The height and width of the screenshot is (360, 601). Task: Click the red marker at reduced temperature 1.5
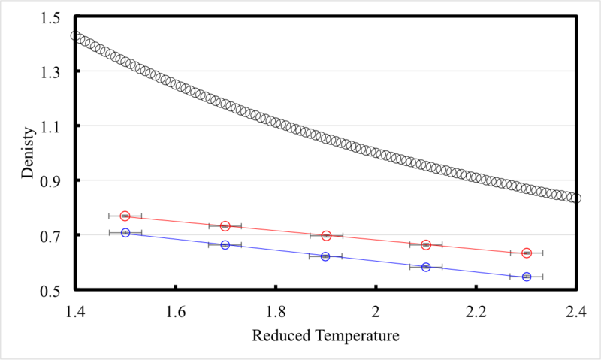click(125, 216)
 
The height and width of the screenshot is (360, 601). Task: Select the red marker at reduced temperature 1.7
click(225, 226)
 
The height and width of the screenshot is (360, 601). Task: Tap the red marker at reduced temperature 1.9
click(326, 235)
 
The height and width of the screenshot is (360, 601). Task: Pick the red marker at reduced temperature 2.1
click(426, 245)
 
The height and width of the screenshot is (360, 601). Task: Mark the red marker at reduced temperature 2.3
click(527, 253)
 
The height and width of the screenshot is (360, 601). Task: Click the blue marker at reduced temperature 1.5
click(125, 233)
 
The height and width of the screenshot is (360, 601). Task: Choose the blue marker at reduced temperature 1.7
click(225, 245)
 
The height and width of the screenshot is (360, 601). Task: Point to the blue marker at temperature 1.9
click(325, 256)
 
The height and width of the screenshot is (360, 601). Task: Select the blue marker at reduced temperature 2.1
click(426, 267)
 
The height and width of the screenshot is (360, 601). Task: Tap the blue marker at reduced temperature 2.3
click(527, 277)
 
